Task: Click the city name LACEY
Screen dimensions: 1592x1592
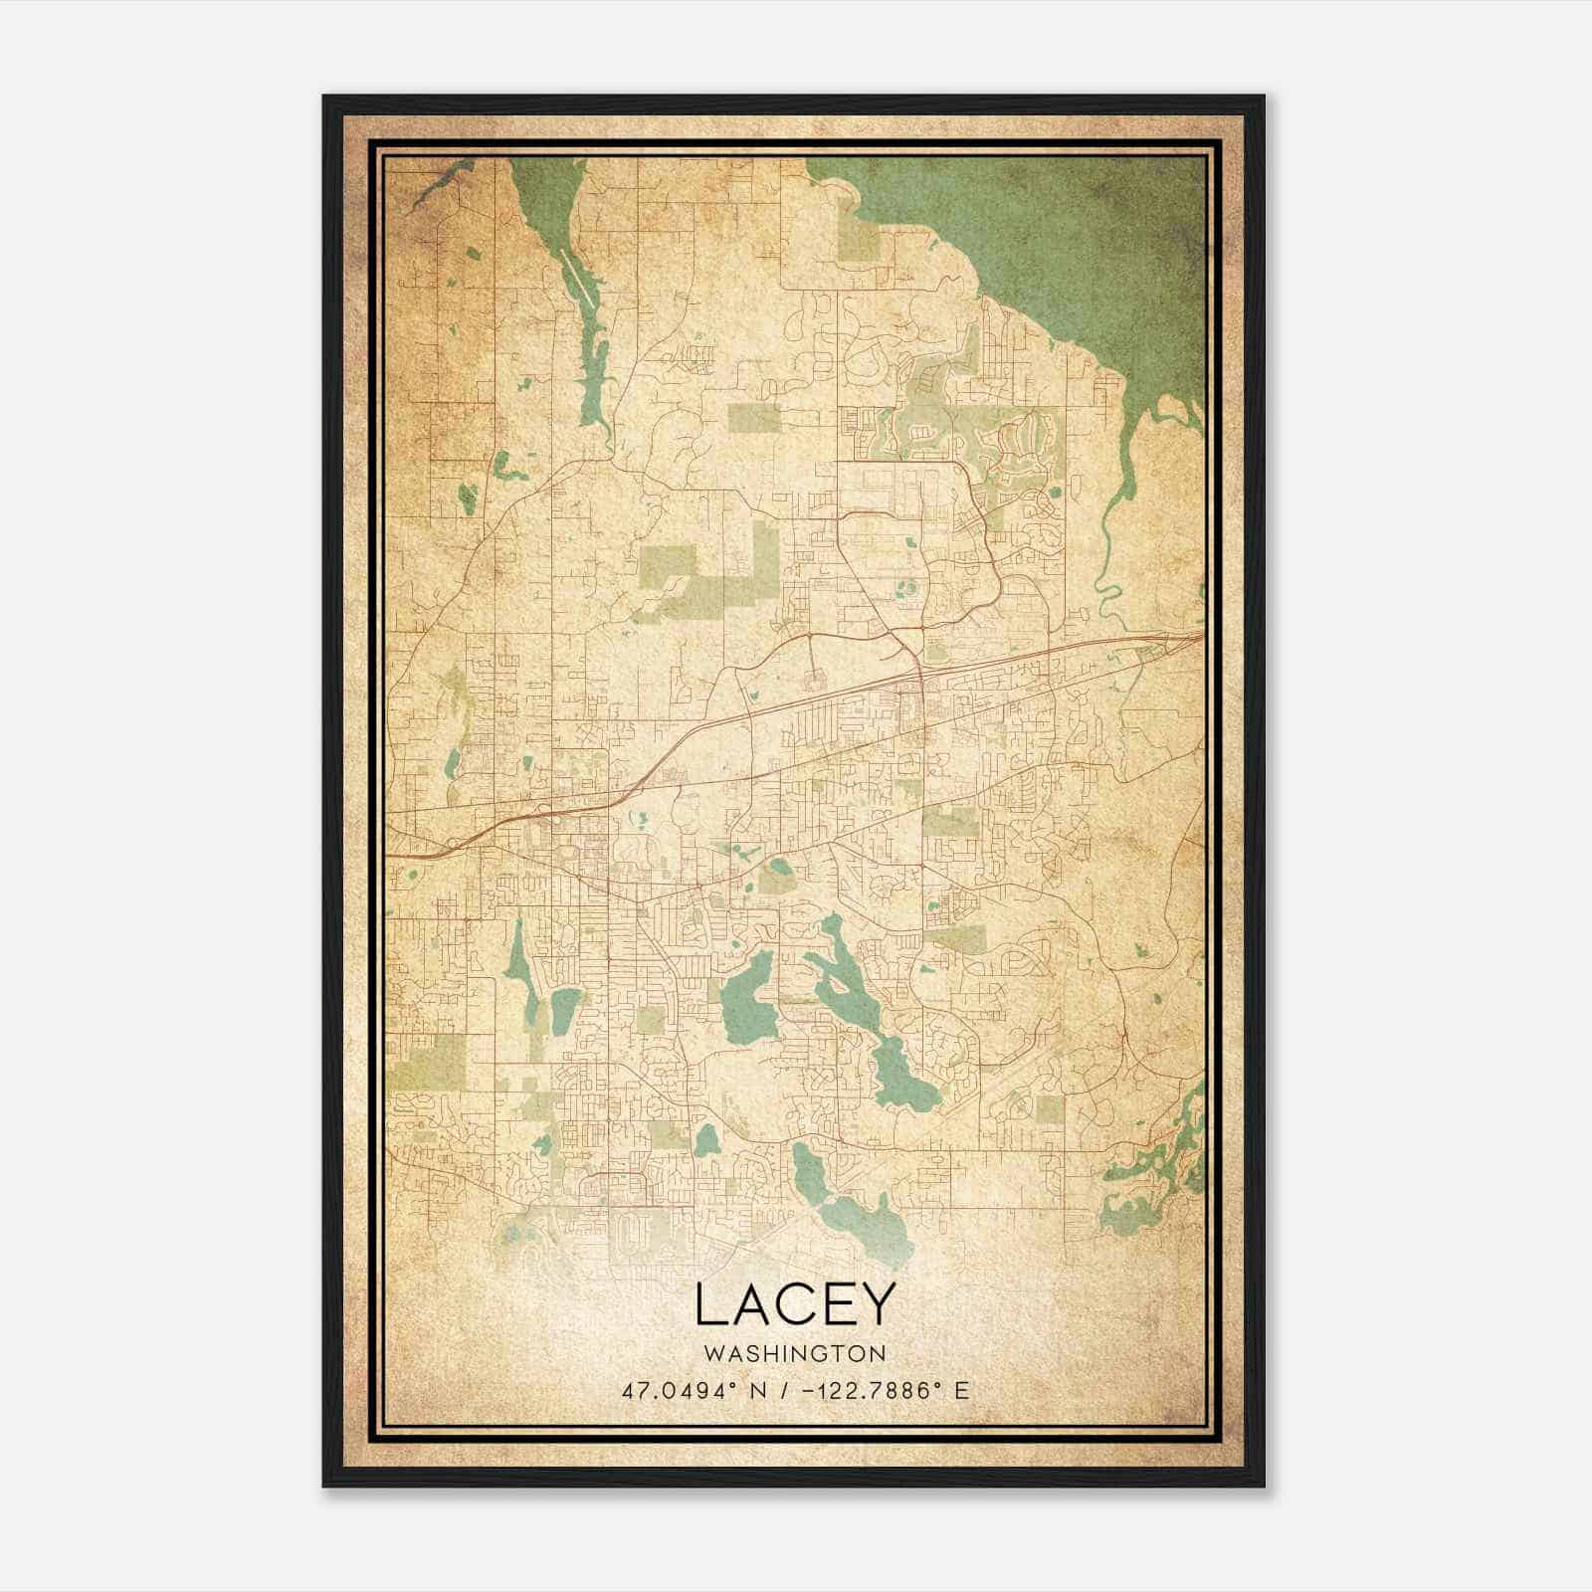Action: click(795, 1304)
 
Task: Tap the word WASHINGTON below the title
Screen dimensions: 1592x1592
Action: click(795, 1354)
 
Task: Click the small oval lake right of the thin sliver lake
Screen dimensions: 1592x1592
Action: click(564, 1010)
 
